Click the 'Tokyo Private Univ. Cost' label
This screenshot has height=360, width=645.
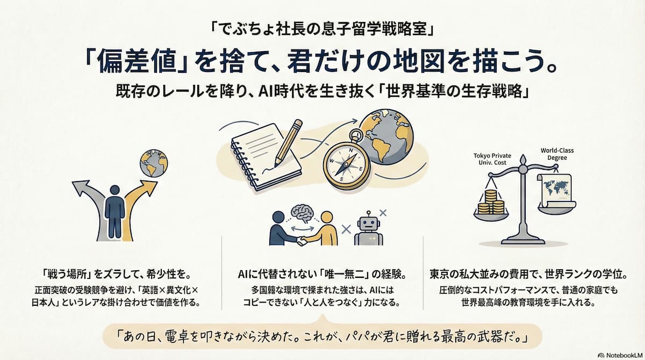click(492, 159)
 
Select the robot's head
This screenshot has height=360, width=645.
click(369, 222)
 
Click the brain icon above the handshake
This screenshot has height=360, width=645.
click(302, 214)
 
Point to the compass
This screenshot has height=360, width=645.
click(347, 163)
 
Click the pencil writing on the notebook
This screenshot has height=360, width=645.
click(288, 143)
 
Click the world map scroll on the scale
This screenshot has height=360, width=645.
click(556, 191)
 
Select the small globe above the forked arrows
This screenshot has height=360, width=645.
click(154, 163)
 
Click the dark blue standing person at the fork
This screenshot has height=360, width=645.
click(115, 212)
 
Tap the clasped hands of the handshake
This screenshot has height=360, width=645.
click(302, 240)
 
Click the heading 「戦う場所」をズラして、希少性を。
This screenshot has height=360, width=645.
click(117, 274)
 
